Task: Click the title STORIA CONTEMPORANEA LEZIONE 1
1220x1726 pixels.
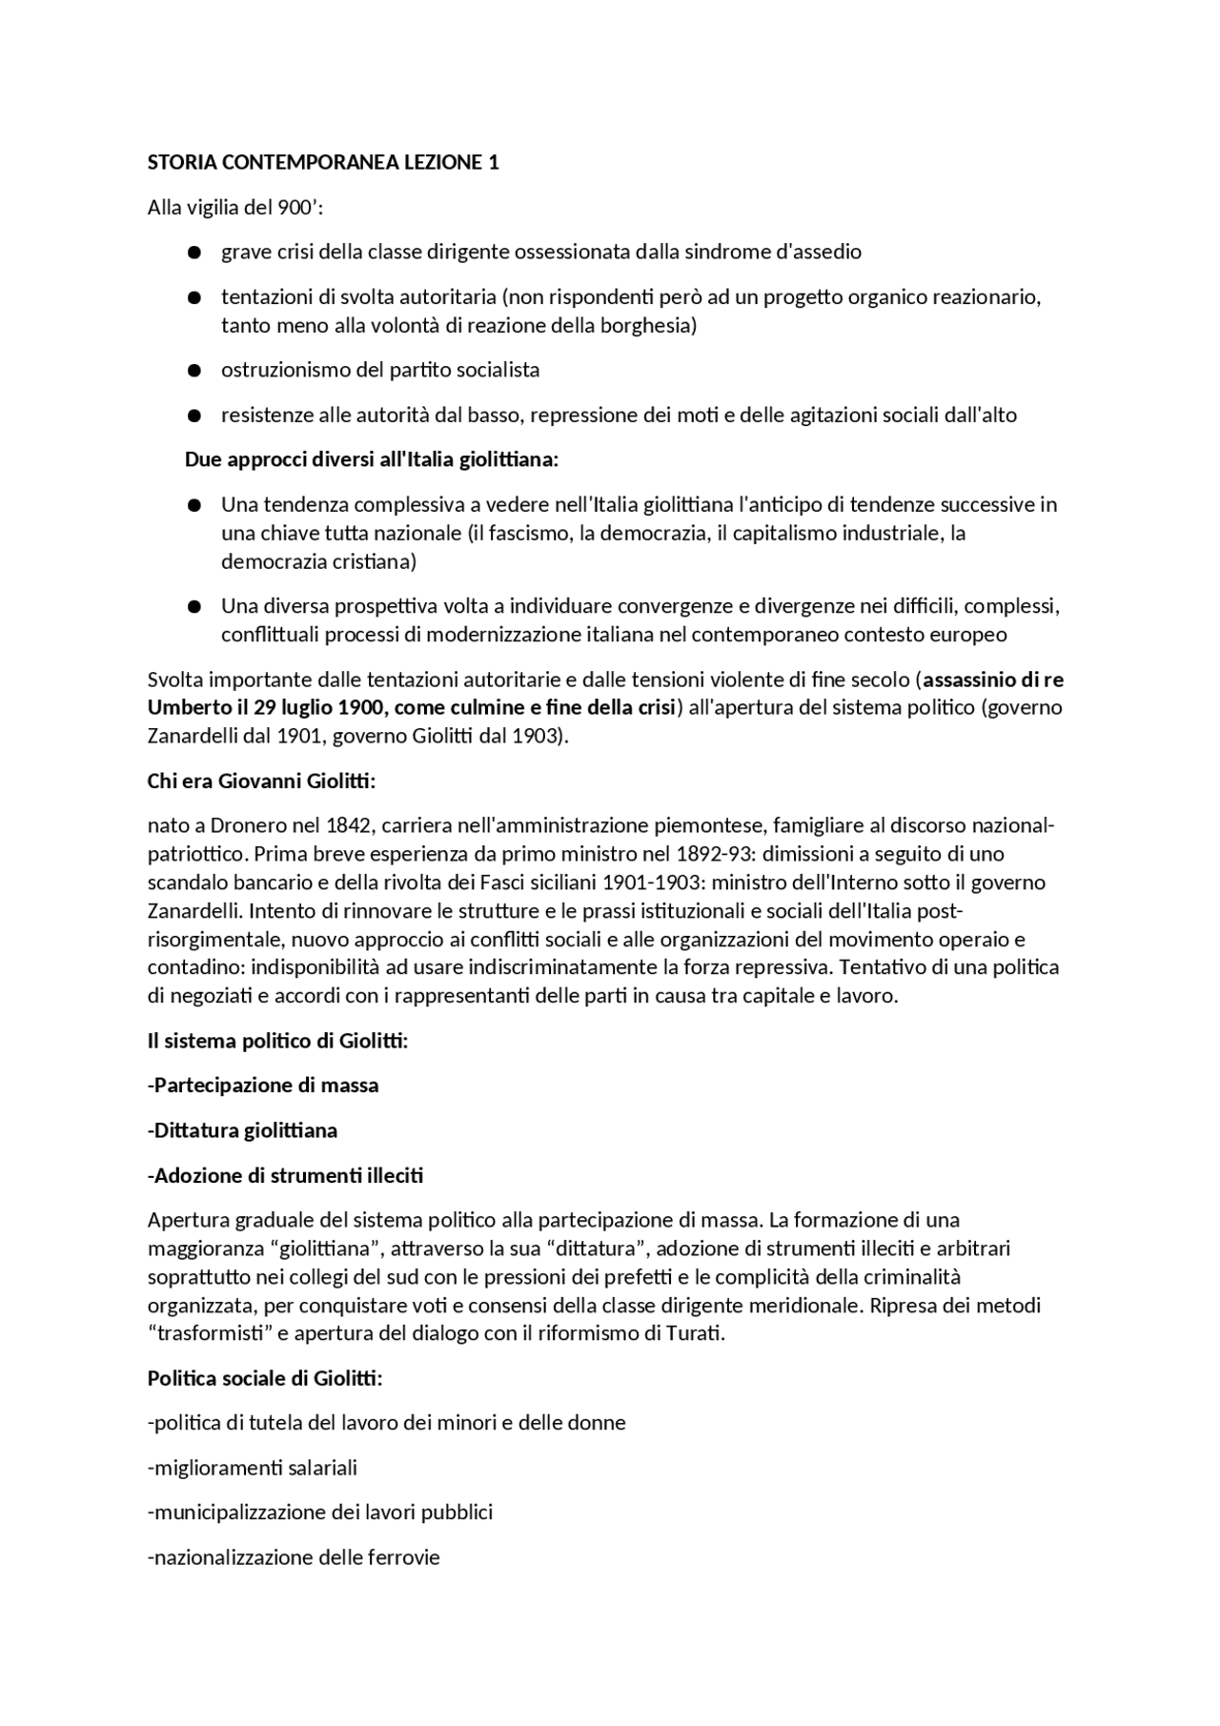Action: click(x=323, y=163)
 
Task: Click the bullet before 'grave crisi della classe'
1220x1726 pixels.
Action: click(x=194, y=253)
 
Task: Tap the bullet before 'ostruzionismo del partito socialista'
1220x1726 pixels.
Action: click(x=194, y=371)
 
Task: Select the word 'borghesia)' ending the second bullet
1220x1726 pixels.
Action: click(x=648, y=326)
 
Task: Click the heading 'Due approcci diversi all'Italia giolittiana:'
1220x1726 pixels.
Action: click(x=371, y=460)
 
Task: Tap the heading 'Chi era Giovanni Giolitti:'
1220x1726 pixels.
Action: click(x=261, y=782)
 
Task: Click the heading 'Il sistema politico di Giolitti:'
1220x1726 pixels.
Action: click(x=277, y=1042)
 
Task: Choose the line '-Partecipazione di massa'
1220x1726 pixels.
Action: click(x=263, y=1086)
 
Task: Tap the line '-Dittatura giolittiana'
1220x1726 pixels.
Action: click(x=242, y=1131)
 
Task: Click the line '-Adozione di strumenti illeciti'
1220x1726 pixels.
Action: click(x=285, y=1176)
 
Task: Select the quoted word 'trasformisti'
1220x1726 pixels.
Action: click(x=208, y=1334)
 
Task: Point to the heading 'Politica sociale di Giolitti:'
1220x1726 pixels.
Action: click(x=265, y=1379)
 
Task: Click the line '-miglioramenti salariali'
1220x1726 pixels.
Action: click(x=253, y=1469)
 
